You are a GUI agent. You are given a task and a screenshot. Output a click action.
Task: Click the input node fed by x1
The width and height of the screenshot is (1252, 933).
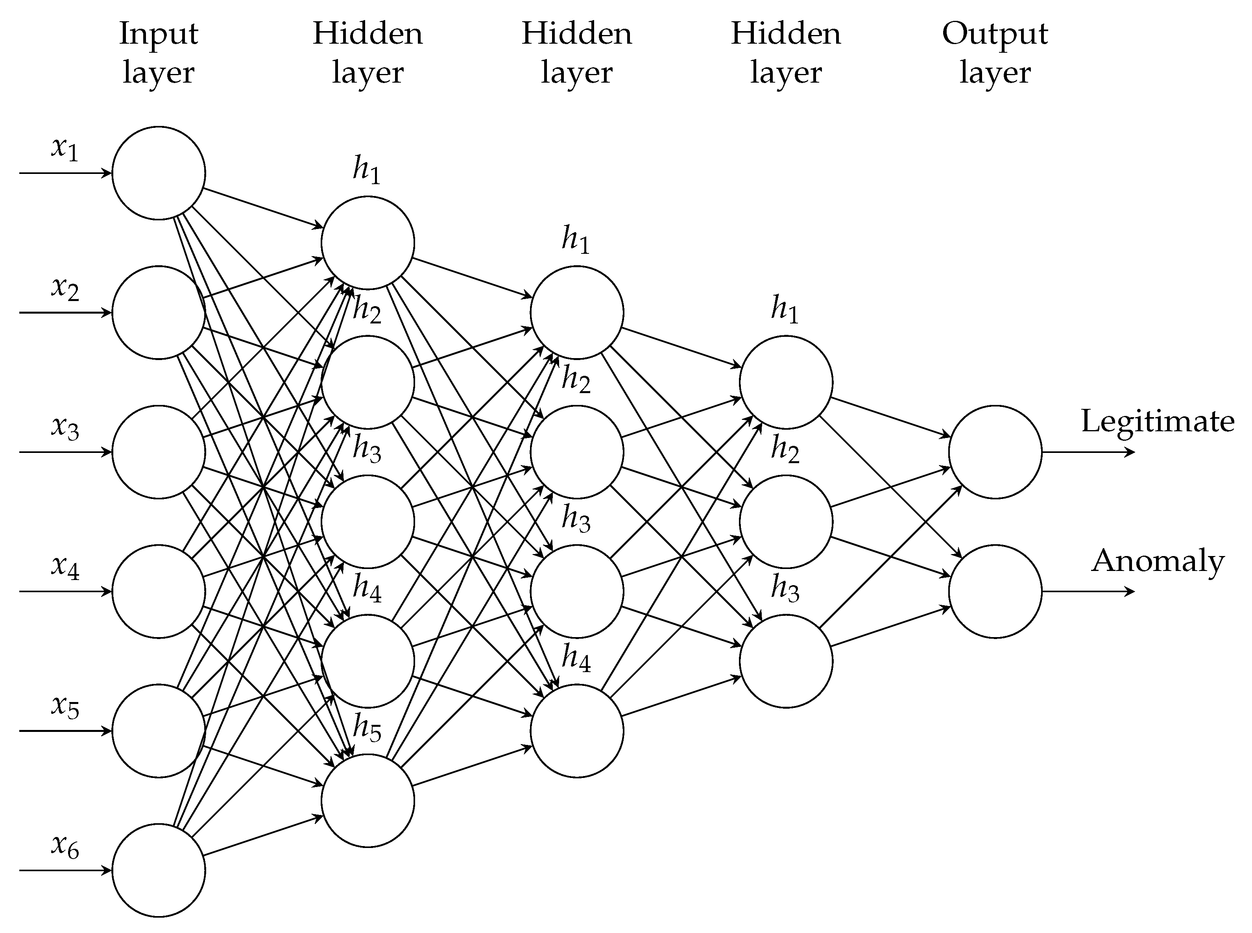[158, 173]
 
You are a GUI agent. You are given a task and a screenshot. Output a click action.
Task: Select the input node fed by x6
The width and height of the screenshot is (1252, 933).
[158, 870]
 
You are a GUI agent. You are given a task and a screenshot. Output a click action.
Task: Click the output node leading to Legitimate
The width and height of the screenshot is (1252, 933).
[995, 452]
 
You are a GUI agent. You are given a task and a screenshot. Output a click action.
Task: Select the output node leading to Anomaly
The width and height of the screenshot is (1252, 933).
[995, 591]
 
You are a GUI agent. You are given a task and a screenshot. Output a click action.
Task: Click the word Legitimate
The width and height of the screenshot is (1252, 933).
[1157, 422]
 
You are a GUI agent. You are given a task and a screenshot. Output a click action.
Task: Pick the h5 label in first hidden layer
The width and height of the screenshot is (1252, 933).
[367, 728]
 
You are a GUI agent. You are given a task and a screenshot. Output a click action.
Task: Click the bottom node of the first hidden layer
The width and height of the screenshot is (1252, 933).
[367, 800]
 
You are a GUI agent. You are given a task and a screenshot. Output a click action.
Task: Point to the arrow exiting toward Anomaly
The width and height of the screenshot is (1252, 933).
[1087, 591]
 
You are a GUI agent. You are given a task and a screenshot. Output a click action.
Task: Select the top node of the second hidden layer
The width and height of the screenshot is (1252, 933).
[576, 312]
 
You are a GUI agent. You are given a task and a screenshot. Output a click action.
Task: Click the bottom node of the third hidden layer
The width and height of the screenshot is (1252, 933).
[785, 661]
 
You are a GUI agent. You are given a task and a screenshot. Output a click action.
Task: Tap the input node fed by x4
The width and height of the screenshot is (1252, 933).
[158, 591]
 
